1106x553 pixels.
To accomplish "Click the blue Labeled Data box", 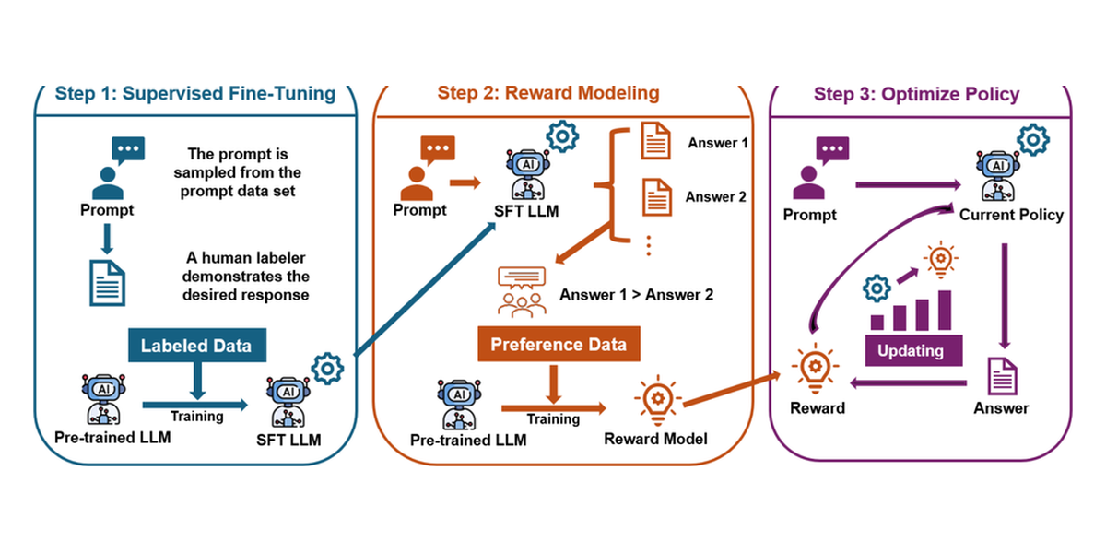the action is pyautogui.click(x=197, y=345).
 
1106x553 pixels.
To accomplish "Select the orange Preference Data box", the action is pyautogui.click(x=559, y=344).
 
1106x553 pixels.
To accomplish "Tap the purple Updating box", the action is pyautogui.click(x=913, y=350).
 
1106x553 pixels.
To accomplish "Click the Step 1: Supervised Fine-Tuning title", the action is pyautogui.click(x=195, y=93).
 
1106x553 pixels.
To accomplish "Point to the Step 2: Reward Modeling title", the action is pyautogui.click(x=548, y=93).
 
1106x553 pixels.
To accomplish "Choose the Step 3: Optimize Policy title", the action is pyautogui.click(x=916, y=94).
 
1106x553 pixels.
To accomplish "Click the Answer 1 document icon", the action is pyautogui.click(x=655, y=141).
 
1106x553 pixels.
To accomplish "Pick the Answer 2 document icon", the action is pyautogui.click(x=656, y=197).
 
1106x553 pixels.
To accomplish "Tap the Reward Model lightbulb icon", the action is pyautogui.click(x=658, y=400).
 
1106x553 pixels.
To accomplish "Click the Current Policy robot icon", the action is pyautogui.click(x=998, y=176).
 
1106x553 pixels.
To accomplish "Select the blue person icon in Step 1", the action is pyautogui.click(x=108, y=183).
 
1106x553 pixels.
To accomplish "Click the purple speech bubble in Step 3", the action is pyautogui.click(x=832, y=150).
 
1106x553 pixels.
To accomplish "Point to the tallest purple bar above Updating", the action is pyautogui.click(x=945, y=310).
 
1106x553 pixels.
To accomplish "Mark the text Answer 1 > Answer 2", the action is pyautogui.click(x=637, y=295).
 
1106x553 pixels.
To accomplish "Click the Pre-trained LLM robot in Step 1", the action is pyautogui.click(x=103, y=399).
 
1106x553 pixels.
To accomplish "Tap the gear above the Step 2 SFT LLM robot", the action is pyautogui.click(x=562, y=136).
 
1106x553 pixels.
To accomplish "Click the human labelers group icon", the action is pyautogui.click(x=522, y=292).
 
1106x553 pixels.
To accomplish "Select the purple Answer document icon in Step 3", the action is pyautogui.click(x=1002, y=376).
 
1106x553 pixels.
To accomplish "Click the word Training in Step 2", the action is pyautogui.click(x=553, y=418).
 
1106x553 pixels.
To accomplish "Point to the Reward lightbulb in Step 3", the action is pyautogui.click(x=815, y=369).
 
